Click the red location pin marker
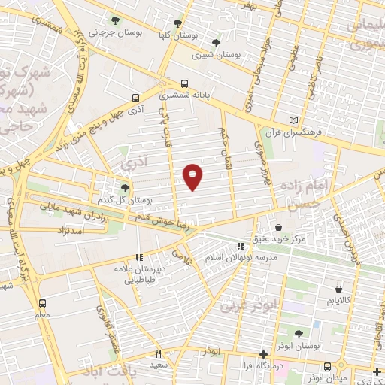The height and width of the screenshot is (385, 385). click(x=193, y=176)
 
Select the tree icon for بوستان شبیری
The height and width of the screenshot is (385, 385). click(x=217, y=42)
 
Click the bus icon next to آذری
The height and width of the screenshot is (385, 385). click(x=135, y=97)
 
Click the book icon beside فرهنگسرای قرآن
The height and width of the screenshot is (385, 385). click(x=293, y=120)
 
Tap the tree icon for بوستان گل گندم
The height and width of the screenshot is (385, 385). click(x=125, y=187)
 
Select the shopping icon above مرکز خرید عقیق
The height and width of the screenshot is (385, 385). click(x=279, y=226)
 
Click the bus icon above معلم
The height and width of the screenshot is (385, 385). click(x=43, y=303)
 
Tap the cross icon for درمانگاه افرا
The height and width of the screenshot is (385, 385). click(x=262, y=354)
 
